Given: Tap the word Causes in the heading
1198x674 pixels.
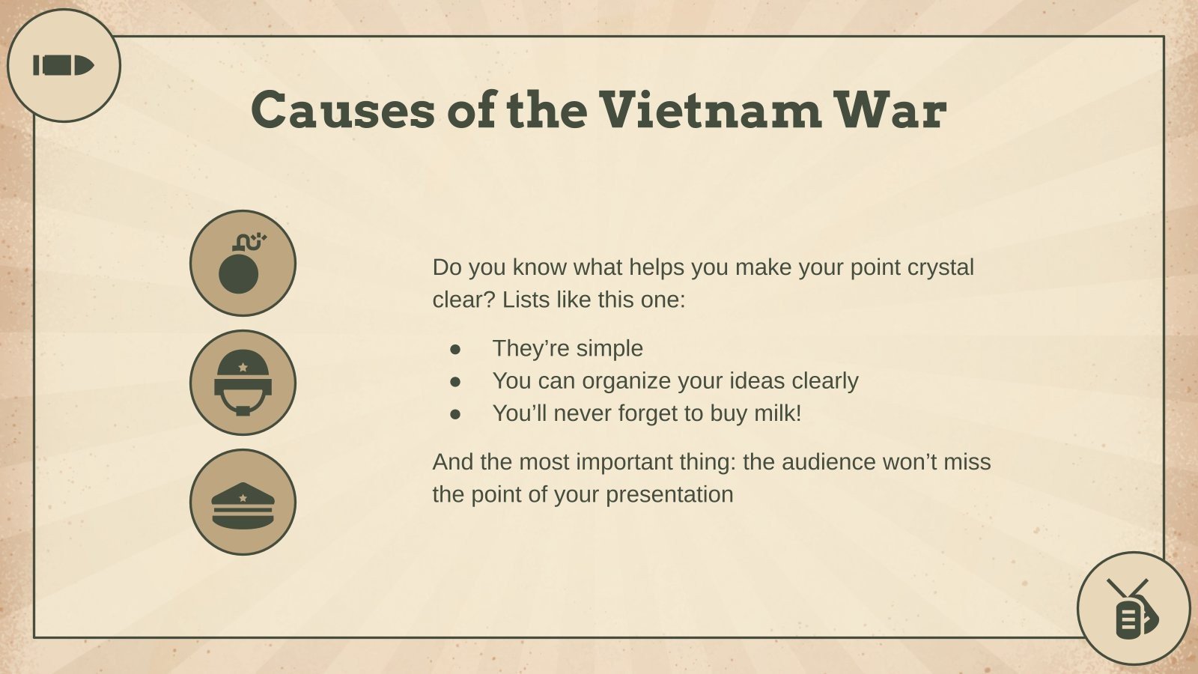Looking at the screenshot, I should point(342,109).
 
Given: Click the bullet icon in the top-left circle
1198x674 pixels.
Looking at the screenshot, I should point(63,66).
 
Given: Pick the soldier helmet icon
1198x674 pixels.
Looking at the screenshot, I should point(242,383).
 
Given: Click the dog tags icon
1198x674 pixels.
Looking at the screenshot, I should point(1134,610).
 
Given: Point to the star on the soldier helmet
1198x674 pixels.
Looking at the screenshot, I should point(243,368).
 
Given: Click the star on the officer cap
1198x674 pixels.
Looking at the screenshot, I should point(243,497).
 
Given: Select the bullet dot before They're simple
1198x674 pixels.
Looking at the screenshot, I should point(455,349).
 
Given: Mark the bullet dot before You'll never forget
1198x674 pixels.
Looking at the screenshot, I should point(455,414).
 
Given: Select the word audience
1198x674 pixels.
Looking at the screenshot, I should point(829,462).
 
